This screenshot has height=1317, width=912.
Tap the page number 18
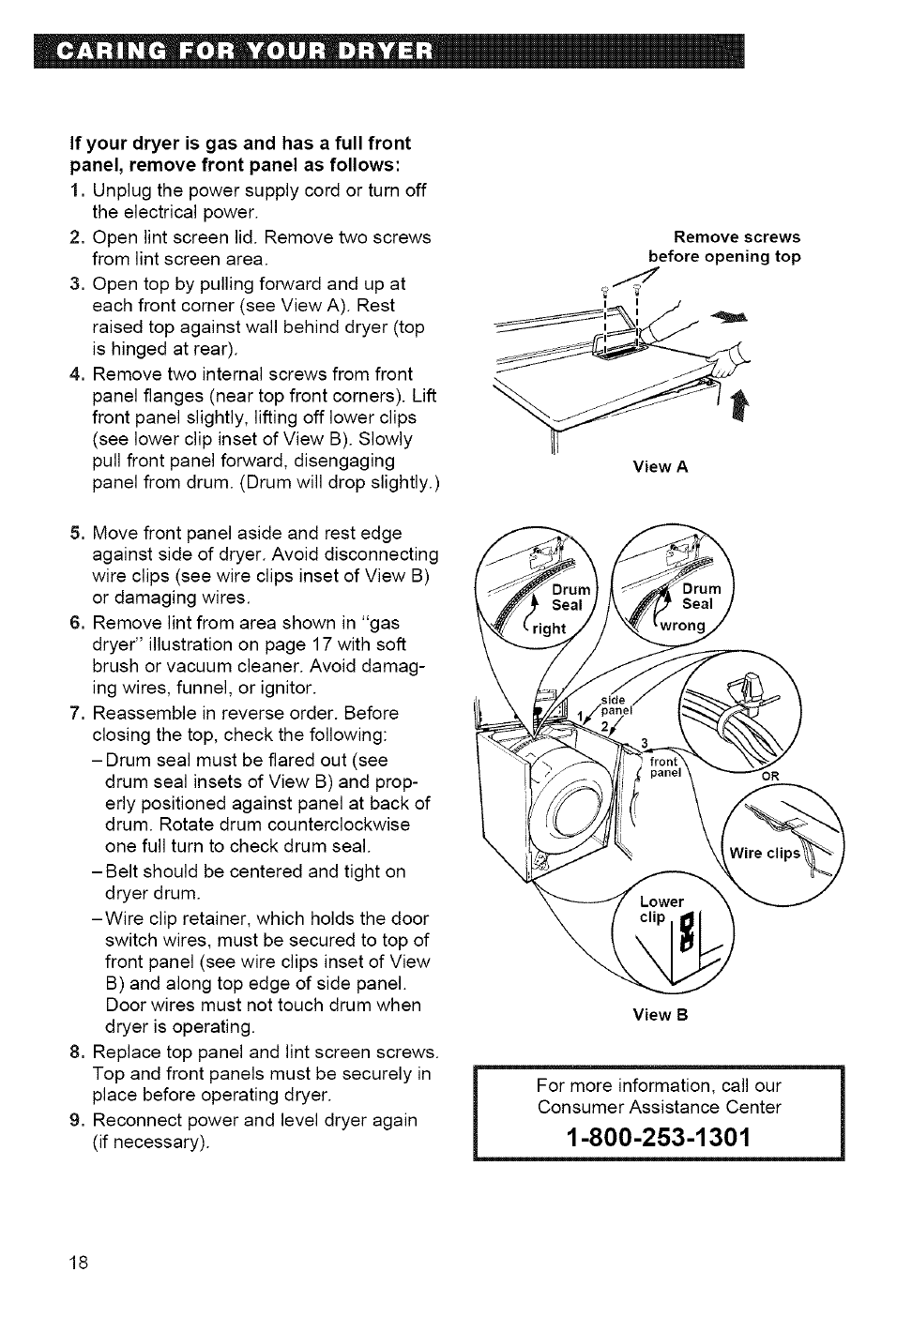[79, 1262]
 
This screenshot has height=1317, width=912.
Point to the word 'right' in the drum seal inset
[550, 629]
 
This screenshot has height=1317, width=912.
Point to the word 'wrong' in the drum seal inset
[682, 626]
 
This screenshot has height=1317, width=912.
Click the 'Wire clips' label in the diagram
[765, 854]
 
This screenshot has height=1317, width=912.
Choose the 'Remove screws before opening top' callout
[724, 247]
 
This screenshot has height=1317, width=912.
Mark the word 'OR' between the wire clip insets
[769, 776]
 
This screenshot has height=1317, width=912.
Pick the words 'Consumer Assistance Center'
[659, 1107]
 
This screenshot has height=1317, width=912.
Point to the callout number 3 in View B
[644, 745]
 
